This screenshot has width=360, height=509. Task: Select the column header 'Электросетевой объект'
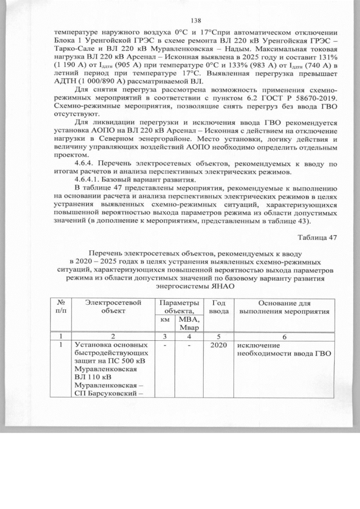112,307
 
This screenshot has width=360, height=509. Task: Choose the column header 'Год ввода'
219,307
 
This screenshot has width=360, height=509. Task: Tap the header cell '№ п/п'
59,307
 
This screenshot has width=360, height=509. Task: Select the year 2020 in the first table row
219,345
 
